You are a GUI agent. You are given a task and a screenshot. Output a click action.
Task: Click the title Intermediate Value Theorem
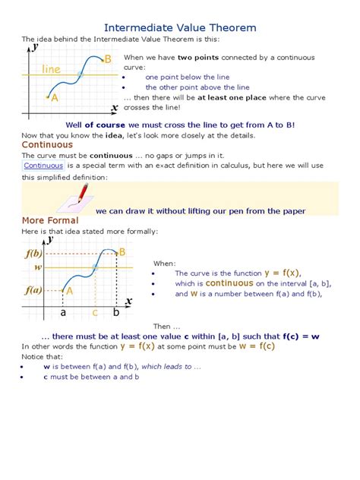(179, 27)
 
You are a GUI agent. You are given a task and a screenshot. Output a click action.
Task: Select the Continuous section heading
(47, 144)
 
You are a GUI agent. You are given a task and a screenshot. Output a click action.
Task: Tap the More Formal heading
(48, 220)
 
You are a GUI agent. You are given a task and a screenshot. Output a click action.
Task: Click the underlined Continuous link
(43, 166)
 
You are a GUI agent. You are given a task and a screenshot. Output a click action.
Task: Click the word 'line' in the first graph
(52, 69)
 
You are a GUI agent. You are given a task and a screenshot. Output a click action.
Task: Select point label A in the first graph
(54, 97)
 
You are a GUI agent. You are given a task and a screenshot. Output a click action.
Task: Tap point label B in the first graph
(108, 58)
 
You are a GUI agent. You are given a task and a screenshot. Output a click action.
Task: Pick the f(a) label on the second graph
(32, 290)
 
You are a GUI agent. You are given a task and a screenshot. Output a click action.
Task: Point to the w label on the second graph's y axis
(36, 267)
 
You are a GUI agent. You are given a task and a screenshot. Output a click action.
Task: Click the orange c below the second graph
(95, 312)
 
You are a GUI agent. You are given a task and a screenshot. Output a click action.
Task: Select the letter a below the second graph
(63, 312)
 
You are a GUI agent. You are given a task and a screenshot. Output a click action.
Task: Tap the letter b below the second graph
(115, 312)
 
